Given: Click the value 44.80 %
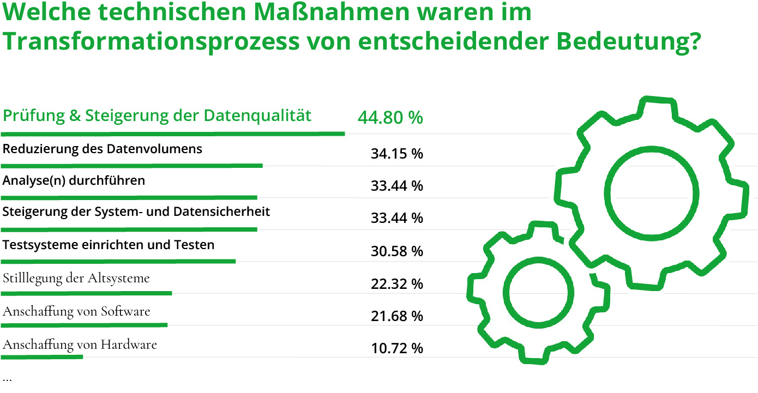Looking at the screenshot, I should pos(390,118).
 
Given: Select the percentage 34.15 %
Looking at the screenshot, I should pos(396,154).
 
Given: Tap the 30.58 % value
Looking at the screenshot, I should pos(396,251).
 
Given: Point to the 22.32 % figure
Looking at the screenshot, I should pos(396,284).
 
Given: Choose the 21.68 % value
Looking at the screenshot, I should pos(396,316).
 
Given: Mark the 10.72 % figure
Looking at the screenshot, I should pos(396,348).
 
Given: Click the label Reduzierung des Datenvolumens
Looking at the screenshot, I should pos(103,149).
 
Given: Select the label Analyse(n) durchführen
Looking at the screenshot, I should pos(74,180).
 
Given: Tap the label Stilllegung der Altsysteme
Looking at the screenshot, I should pos(76,278).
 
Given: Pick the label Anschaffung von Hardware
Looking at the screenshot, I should pos(80,344).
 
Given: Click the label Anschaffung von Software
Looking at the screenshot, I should pos(76,311).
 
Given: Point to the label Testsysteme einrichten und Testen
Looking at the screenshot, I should pos(109,245).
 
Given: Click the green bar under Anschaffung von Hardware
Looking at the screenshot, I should pos(42,358).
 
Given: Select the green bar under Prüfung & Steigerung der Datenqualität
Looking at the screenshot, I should pos(172,133).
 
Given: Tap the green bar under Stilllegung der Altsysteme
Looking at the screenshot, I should pos(86,293).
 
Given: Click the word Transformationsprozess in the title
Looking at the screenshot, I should pos(149,41).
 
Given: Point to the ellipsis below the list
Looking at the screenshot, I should pos(7,379).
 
